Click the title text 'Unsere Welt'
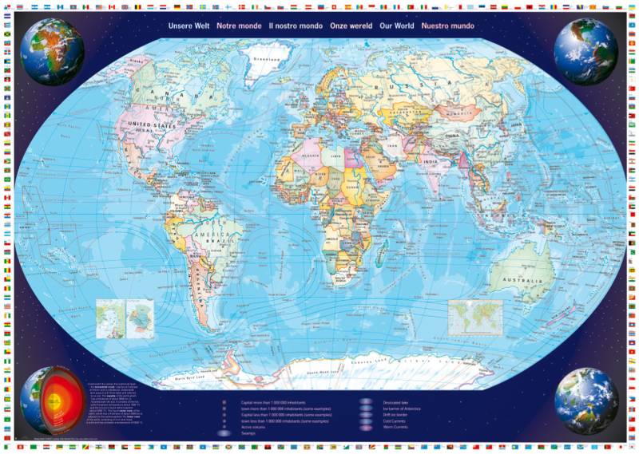pyautogui.click(x=189, y=26)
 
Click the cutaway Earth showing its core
pyautogui.click(x=48, y=399)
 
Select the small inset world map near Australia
pyautogui.click(x=475, y=316)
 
